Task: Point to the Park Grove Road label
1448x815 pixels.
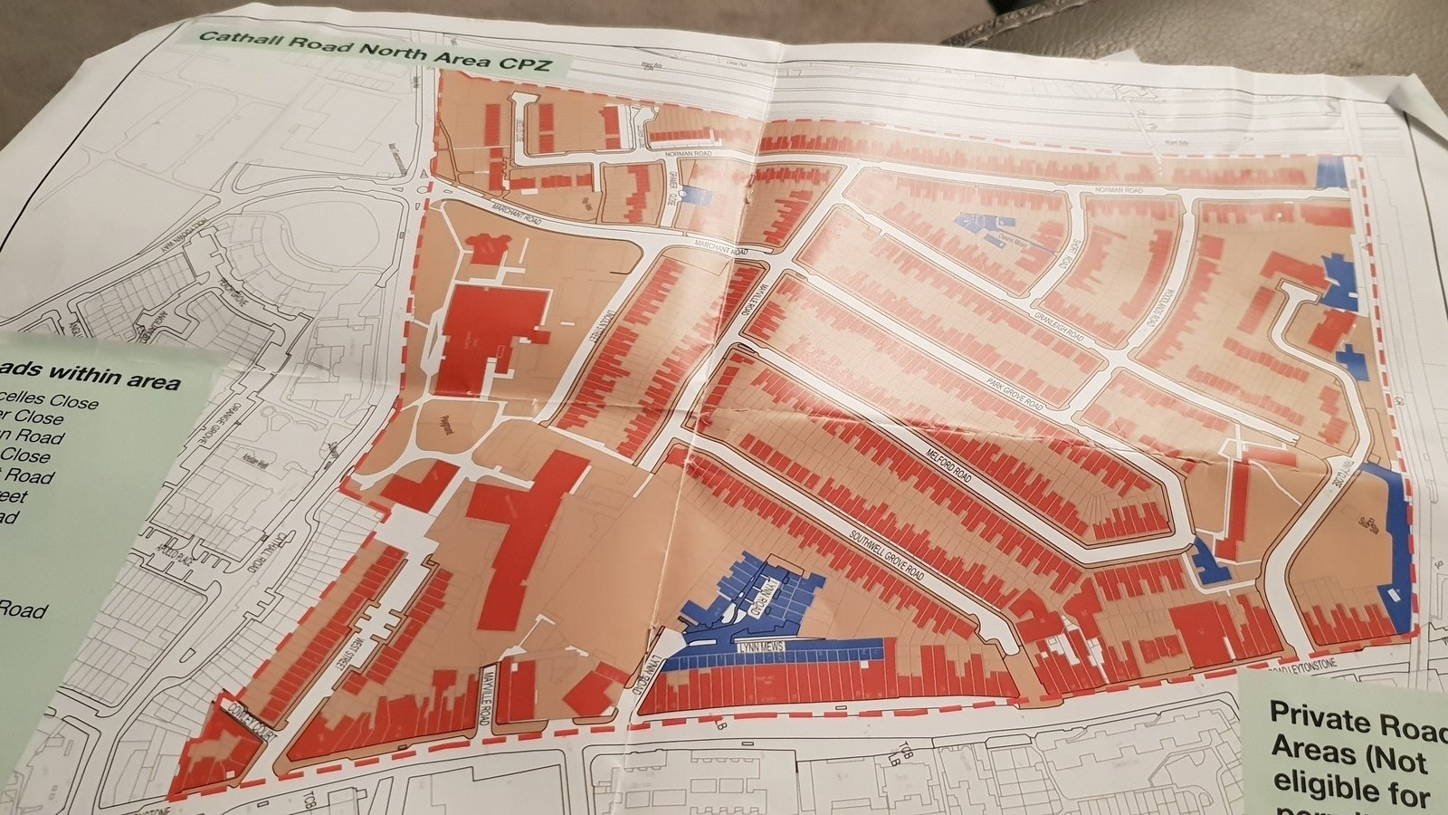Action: pos(1014,395)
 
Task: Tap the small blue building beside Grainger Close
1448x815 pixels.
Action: pos(695,195)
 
